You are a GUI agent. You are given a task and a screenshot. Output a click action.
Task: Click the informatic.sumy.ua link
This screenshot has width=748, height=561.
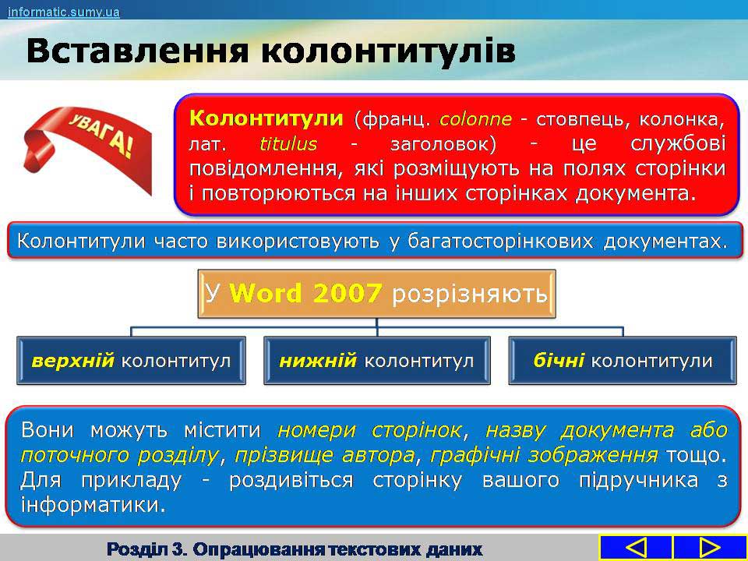(x=63, y=11)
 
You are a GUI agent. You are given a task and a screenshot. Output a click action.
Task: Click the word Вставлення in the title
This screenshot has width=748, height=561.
(x=137, y=51)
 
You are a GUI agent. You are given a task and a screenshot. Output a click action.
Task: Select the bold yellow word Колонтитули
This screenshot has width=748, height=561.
(x=266, y=118)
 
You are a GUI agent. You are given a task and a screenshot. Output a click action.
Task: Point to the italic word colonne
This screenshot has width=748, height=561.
(x=475, y=118)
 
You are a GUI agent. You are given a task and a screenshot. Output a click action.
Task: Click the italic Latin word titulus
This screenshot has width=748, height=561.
(x=288, y=143)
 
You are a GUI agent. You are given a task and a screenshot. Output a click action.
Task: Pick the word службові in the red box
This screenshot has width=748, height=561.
(x=678, y=143)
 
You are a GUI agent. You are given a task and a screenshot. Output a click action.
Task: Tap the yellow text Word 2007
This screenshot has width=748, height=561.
(x=305, y=293)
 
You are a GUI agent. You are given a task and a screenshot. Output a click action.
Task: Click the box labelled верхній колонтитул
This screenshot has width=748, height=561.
(x=131, y=361)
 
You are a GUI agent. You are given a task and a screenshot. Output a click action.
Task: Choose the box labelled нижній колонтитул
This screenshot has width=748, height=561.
(x=377, y=361)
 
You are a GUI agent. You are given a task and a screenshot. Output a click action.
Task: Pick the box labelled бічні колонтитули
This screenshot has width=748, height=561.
(x=623, y=361)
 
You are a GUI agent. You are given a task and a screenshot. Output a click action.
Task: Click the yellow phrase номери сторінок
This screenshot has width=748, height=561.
(x=369, y=430)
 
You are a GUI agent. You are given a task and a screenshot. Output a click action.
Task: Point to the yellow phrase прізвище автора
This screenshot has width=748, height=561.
(x=324, y=455)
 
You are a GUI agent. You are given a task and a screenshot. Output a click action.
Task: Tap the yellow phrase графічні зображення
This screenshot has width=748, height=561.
(x=543, y=455)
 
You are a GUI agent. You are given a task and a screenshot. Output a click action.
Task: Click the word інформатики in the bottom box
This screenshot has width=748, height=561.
(x=89, y=505)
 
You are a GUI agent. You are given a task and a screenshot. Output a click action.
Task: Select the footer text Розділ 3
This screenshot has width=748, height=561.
(x=147, y=549)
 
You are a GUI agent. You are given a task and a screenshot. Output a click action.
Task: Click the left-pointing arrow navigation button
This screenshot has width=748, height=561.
(x=636, y=548)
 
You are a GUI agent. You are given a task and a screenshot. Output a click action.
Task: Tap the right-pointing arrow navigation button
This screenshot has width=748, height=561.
(x=709, y=548)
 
